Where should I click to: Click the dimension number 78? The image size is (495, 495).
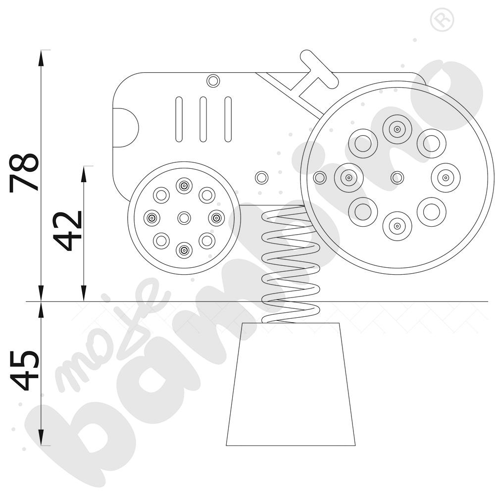click(24, 173)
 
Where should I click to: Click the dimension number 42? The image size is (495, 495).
click(67, 231)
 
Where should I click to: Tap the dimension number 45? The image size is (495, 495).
click(24, 370)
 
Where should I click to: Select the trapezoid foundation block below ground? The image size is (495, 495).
click(291, 384)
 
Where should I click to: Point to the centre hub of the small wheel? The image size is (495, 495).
click(184, 218)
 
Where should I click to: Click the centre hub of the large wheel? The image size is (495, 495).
click(397, 178)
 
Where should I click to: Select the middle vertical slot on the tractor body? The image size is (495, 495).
click(203, 119)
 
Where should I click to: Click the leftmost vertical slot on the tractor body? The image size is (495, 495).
click(179, 119)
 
